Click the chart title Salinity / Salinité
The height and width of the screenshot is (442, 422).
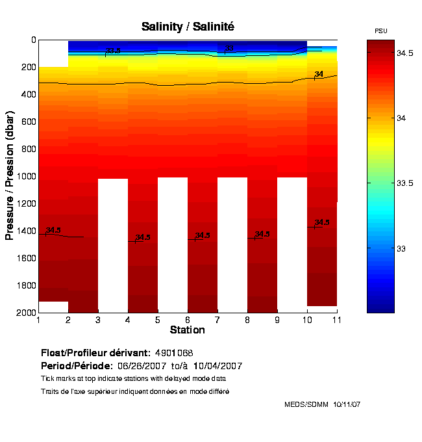188,27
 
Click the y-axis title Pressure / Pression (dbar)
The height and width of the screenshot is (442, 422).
10,175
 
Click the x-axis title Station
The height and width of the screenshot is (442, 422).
188,330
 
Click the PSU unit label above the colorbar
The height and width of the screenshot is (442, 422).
381,31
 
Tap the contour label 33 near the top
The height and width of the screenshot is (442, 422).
229,48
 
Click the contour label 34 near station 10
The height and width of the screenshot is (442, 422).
319,74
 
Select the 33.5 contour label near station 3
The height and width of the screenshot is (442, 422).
113,51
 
